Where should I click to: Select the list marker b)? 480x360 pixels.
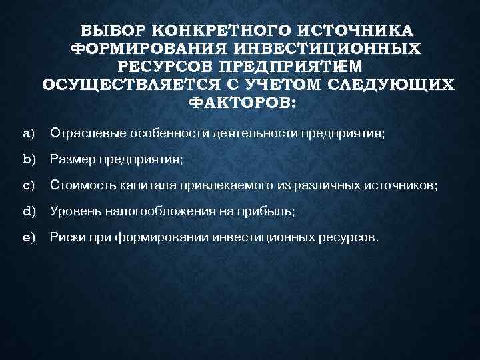(29, 160)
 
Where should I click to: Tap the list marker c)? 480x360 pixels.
(28, 186)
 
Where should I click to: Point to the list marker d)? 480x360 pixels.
(29, 211)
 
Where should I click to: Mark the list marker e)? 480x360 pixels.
(28, 237)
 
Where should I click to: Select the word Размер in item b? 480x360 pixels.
(73, 160)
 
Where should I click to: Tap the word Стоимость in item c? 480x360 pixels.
(80, 186)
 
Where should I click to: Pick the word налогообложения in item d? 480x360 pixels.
(167, 211)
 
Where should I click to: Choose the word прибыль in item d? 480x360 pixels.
(270, 211)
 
